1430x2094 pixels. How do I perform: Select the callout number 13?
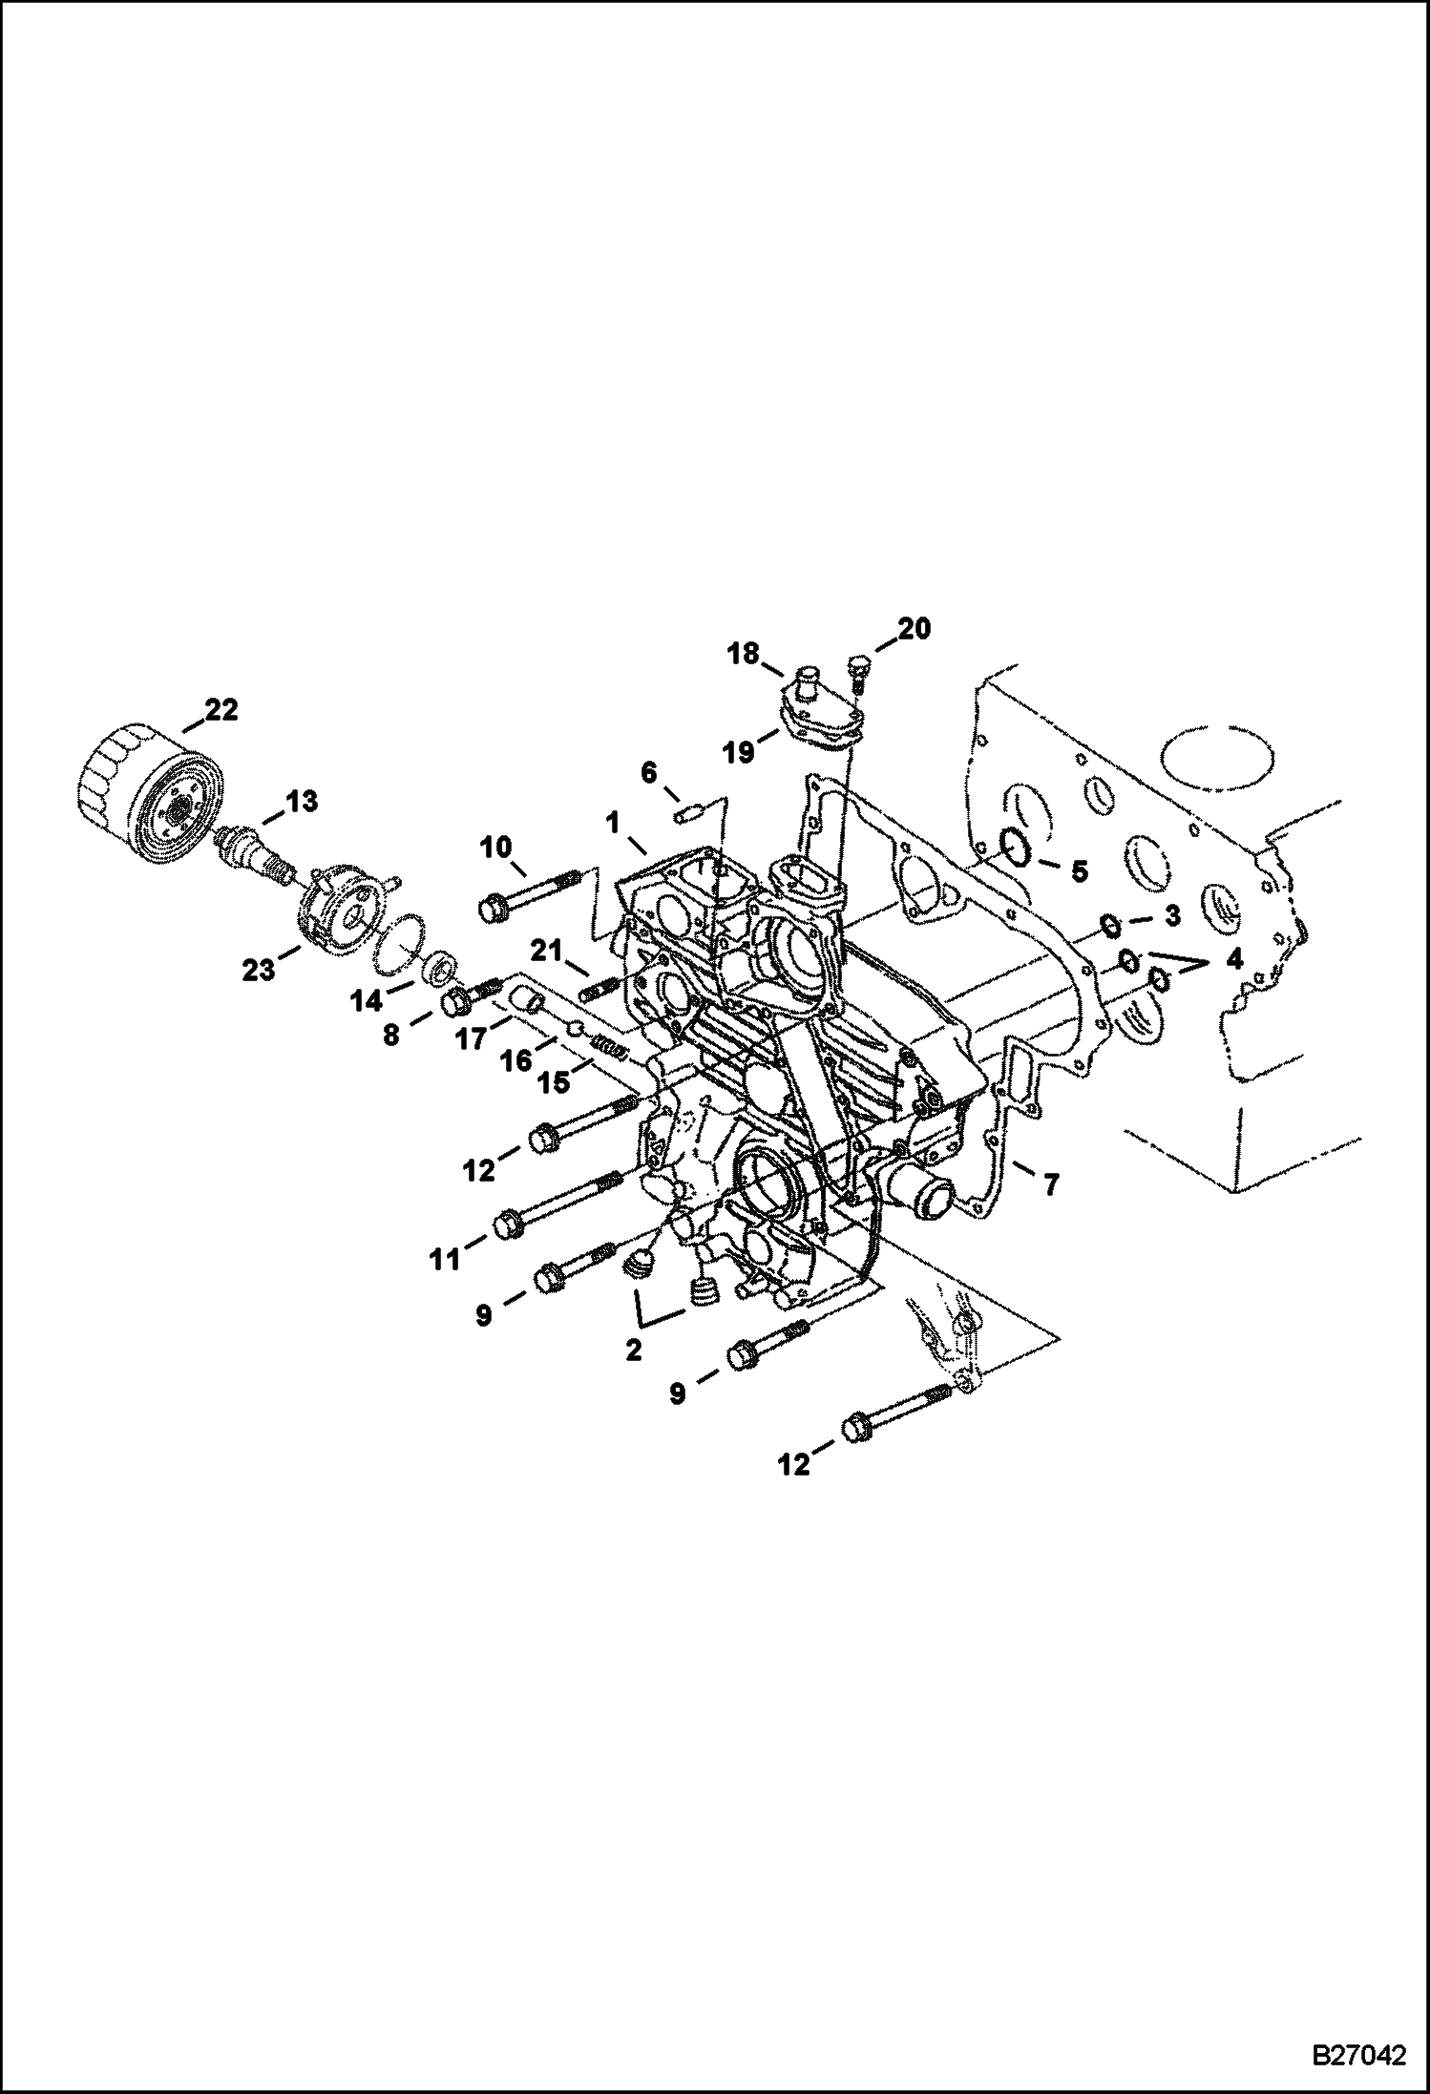(x=303, y=801)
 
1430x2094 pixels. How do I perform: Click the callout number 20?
(x=914, y=629)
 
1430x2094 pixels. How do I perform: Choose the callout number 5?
(x=1079, y=870)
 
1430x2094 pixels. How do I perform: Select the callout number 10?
(x=496, y=847)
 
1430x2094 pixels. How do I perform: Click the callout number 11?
(x=444, y=1261)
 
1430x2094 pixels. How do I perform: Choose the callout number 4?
(x=1235, y=959)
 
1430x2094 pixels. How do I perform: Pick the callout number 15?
(x=554, y=1082)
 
